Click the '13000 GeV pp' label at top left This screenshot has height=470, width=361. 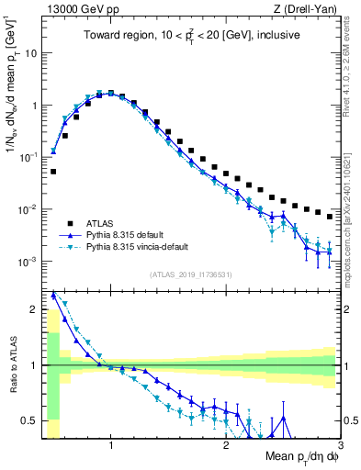coord(76,9)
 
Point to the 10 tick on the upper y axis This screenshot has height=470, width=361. coord(30,52)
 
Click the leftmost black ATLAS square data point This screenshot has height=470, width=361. coord(53,171)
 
